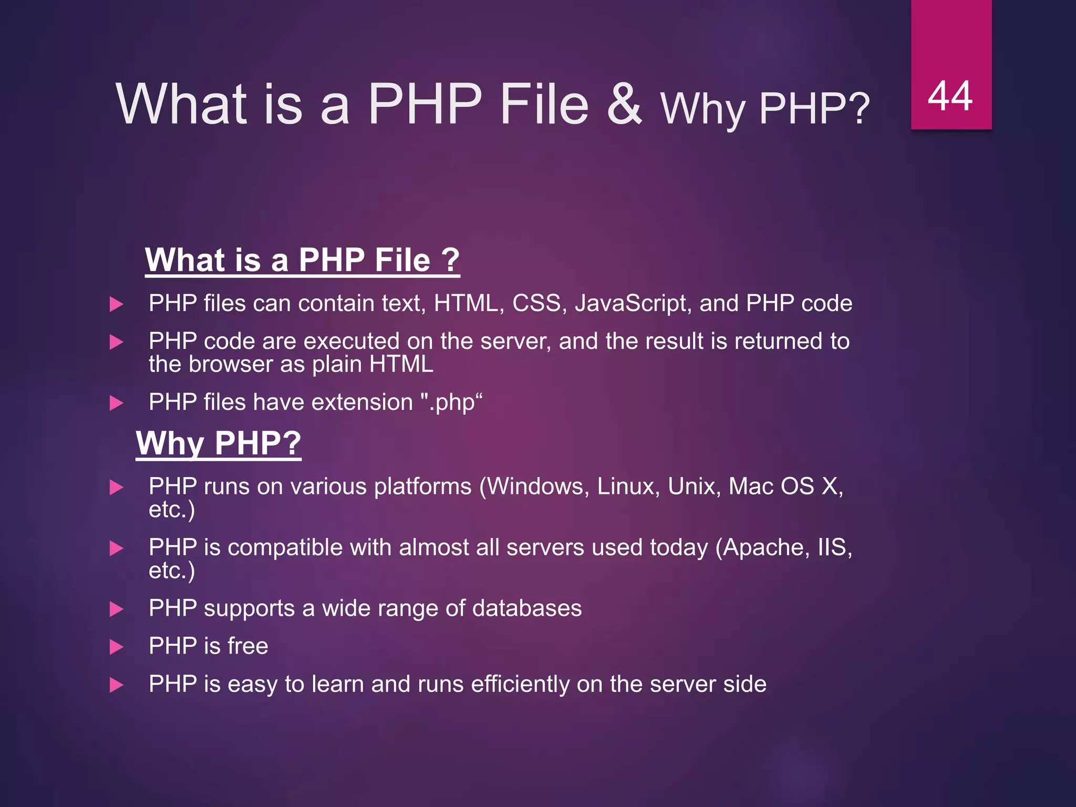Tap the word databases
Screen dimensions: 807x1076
(526, 608)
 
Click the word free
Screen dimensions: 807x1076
(247, 646)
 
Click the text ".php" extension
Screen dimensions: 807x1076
(452, 402)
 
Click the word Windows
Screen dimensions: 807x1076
(535, 486)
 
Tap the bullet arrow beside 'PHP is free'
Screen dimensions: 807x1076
(116, 647)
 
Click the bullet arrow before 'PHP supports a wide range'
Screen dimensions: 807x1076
(116, 609)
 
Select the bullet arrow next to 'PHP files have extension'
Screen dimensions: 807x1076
(116, 403)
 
